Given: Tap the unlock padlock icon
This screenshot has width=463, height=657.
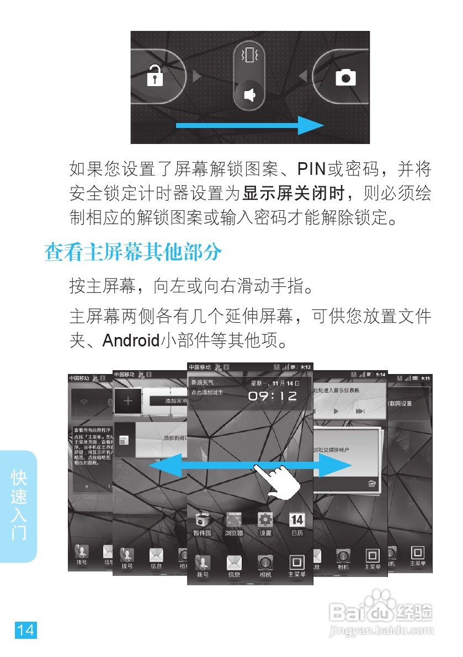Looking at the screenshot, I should [155, 77].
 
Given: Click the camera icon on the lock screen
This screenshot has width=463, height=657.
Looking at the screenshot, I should [345, 77].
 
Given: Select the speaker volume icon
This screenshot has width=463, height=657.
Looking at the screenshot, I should [250, 95].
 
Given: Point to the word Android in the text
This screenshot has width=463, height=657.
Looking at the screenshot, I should [130, 340].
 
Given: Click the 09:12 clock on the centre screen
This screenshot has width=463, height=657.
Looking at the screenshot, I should [272, 396].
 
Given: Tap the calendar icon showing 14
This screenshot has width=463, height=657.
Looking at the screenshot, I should [297, 520].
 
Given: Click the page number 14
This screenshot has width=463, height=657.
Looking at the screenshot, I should [25, 630].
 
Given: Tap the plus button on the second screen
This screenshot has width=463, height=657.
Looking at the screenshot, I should [128, 400].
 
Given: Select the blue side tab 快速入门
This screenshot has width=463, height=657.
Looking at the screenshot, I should [19, 505].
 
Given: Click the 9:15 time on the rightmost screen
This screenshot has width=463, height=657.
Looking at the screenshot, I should [425, 378].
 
